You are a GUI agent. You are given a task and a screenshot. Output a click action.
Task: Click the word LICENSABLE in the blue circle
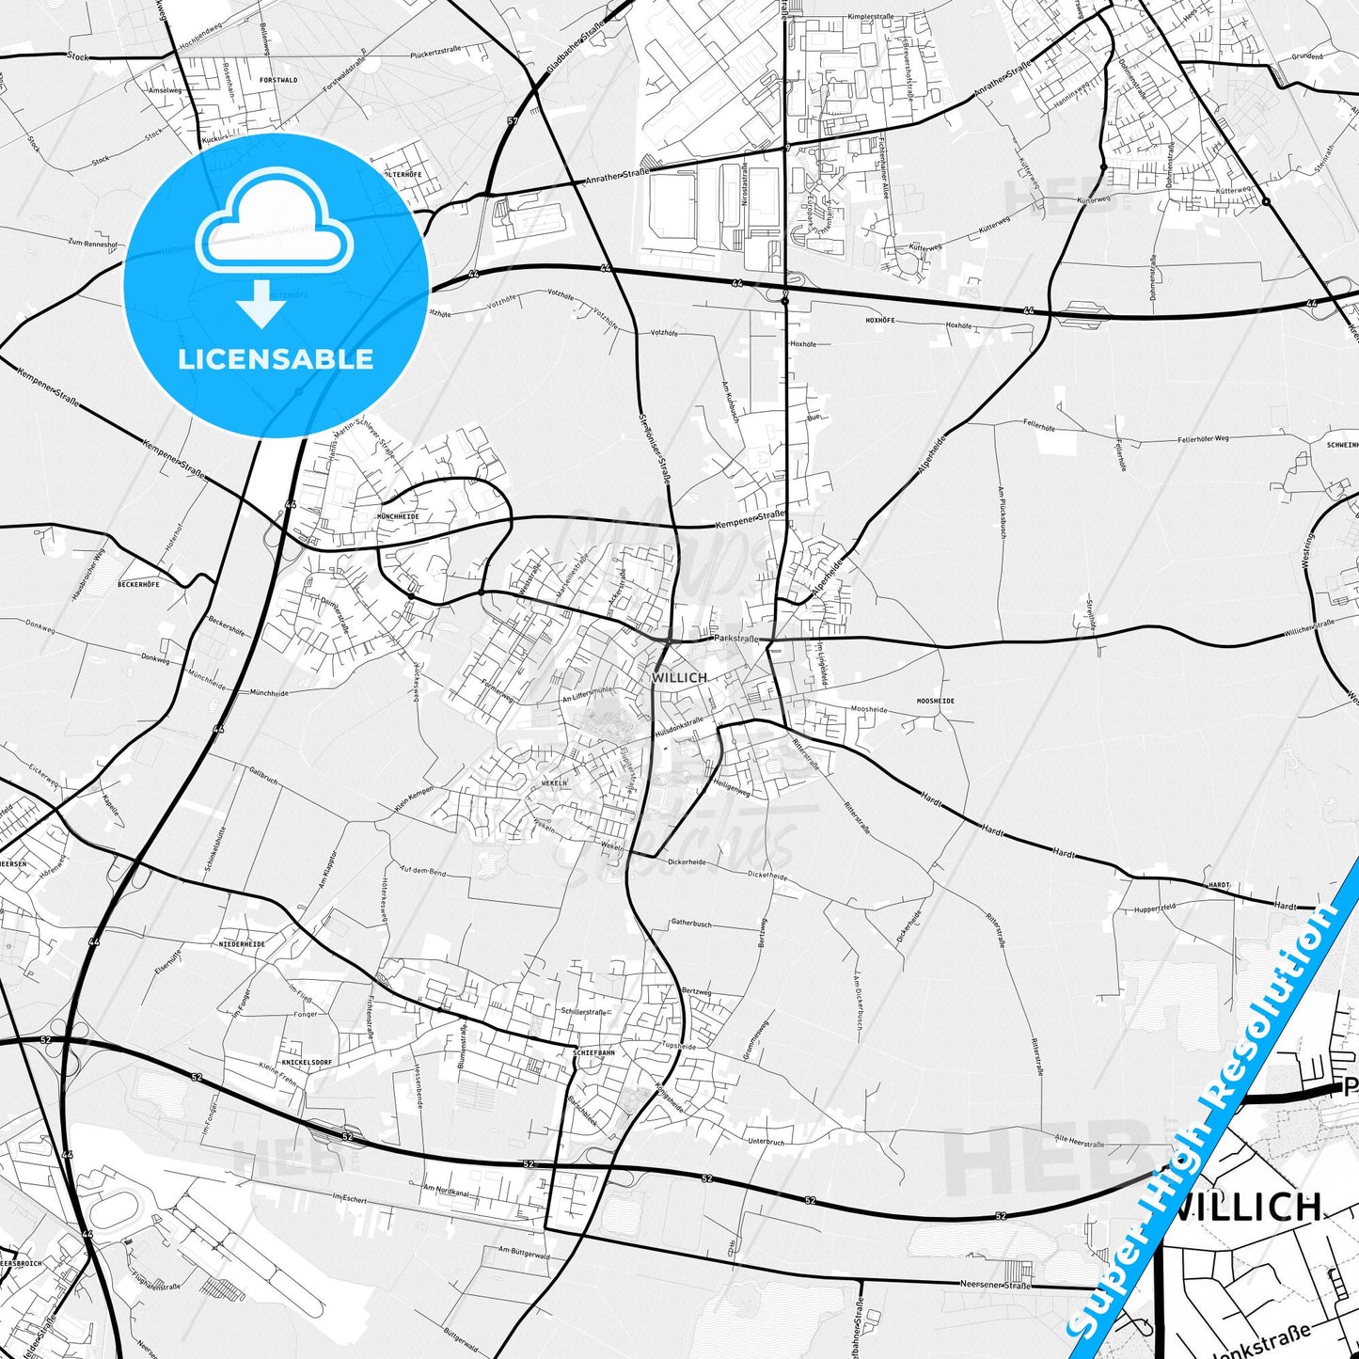(x=276, y=359)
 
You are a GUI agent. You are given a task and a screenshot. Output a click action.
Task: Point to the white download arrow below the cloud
(x=261, y=304)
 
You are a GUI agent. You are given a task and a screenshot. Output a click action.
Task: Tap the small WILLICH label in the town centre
(x=678, y=677)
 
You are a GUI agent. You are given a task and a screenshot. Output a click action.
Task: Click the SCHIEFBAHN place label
(x=593, y=1052)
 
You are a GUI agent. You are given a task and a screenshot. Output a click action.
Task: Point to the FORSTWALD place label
(x=278, y=80)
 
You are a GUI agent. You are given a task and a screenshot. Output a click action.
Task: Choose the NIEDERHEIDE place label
(x=242, y=943)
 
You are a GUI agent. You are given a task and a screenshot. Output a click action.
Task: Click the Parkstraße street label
(x=735, y=638)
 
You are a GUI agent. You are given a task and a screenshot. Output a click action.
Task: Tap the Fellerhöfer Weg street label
(x=1203, y=439)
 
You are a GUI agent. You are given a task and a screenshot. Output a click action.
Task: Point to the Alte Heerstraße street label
(x=1079, y=1142)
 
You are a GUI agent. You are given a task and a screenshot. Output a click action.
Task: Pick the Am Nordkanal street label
(x=446, y=1189)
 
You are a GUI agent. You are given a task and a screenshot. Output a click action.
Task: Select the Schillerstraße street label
(x=583, y=1012)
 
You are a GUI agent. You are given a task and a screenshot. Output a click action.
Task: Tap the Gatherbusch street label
(x=691, y=924)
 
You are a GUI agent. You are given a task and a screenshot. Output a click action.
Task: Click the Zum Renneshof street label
(x=92, y=243)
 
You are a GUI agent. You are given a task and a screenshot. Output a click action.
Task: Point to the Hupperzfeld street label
(x=1155, y=908)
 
